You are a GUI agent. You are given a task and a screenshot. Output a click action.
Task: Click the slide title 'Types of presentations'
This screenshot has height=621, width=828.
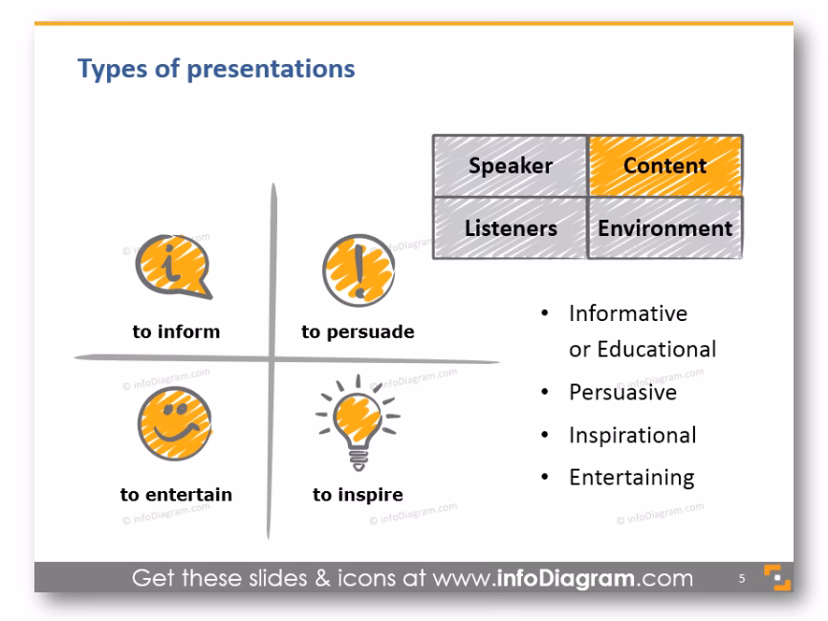pyautogui.click(x=216, y=70)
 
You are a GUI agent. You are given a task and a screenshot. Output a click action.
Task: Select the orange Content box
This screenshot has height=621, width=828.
pyautogui.click(x=665, y=165)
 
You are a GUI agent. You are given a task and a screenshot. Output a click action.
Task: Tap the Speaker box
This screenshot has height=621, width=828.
pyautogui.click(x=510, y=165)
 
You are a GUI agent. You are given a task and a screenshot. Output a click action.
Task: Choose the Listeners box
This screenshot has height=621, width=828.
pyautogui.click(x=510, y=228)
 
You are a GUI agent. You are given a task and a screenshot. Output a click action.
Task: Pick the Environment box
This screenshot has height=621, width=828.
pyautogui.click(x=665, y=228)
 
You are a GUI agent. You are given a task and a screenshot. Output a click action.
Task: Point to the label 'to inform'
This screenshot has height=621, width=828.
pyautogui.click(x=176, y=332)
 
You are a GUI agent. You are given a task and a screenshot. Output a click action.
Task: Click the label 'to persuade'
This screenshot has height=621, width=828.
pyautogui.click(x=358, y=332)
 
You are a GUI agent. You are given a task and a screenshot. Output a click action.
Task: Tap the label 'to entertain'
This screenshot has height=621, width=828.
pyautogui.click(x=176, y=495)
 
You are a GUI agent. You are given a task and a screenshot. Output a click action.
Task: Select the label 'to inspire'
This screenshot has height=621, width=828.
pyautogui.click(x=358, y=495)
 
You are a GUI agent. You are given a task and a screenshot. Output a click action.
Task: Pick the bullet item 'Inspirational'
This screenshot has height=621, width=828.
pyautogui.click(x=632, y=435)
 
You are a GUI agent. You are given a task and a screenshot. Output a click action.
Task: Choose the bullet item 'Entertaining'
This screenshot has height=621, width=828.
pyautogui.click(x=631, y=477)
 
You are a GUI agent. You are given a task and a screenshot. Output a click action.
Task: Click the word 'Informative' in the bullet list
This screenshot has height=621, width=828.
pyautogui.click(x=628, y=313)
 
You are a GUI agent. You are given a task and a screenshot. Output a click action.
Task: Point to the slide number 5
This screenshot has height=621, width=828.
pyautogui.click(x=741, y=579)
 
